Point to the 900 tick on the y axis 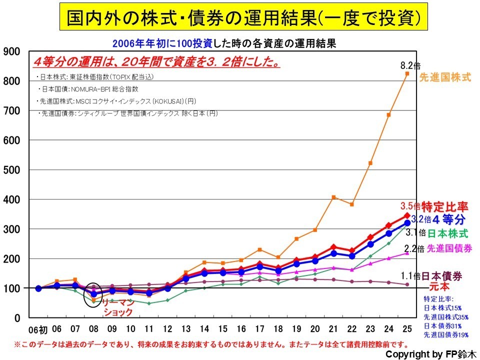[x=11, y=51]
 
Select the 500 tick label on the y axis [x=11, y=169]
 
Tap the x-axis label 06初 [x=37, y=329]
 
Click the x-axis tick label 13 [x=186, y=329]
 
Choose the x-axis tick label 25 [x=407, y=329]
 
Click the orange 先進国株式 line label [x=444, y=77]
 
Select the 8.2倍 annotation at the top [x=410, y=65]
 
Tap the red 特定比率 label [x=444, y=206]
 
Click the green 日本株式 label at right [x=448, y=233]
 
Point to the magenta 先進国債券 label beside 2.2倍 [x=449, y=248]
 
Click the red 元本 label [x=440, y=287]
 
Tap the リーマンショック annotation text [x=118, y=307]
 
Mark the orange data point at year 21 [x=333, y=197]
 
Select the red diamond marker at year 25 [x=407, y=215]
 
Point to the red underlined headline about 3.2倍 [x=156, y=63]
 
